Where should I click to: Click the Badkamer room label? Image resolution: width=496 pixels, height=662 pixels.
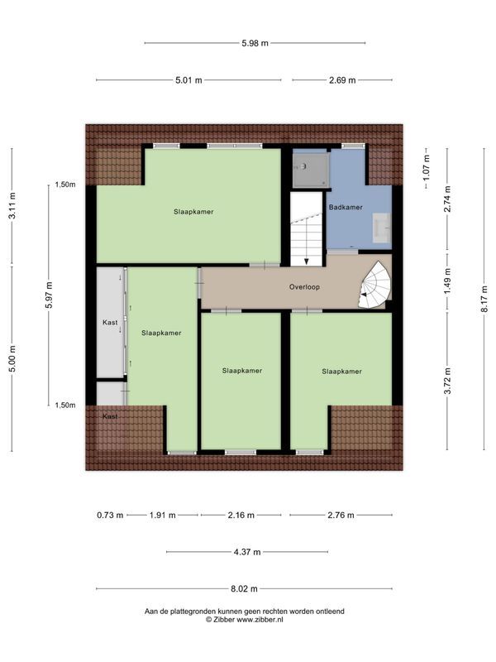pyautogui.click(x=346, y=207)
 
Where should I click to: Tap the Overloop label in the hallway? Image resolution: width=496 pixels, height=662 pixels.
pyautogui.click(x=304, y=287)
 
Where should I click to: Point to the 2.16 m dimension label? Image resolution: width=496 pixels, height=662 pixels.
pyautogui.click(x=241, y=515)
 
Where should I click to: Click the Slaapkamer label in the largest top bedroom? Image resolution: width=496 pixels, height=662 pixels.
pyautogui.click(x=193, y=212)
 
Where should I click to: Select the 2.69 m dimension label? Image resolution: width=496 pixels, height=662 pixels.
pyautogui.click(x=341, y=80)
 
